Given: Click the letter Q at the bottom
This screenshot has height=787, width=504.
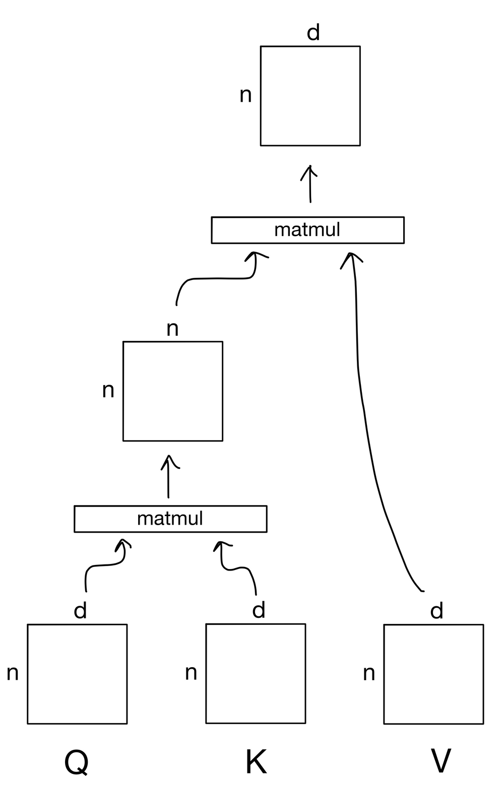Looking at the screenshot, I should (x=76, y=762).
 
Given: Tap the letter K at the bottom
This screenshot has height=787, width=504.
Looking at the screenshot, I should (x=256, y=762).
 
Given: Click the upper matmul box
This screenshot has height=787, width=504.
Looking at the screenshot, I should (x=307, y=230).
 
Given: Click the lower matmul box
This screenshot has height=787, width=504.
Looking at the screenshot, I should (x=170, y=519).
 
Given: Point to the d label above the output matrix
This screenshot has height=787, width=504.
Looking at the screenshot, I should (x=313, y=33).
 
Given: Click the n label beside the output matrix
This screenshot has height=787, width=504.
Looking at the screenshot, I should (x=245, y=96).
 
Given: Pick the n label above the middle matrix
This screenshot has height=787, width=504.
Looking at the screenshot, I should (x=172, y=329).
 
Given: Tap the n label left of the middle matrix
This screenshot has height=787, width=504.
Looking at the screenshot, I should (x=108, y=391).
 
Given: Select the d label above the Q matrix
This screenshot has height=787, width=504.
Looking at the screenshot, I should (x=80, y=611).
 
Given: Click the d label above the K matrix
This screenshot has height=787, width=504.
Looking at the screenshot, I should (x=258, y=610).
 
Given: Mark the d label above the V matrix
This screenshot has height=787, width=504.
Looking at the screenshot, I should (x=436, y=611).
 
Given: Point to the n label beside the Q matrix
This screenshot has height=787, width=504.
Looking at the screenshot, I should (x=13, y=673).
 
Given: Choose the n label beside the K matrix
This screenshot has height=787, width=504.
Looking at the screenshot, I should (x=191, y=673).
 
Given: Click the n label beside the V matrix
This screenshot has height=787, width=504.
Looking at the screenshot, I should (x=369, y=674).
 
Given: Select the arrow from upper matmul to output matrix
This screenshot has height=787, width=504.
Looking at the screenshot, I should (x=309, y=184).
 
